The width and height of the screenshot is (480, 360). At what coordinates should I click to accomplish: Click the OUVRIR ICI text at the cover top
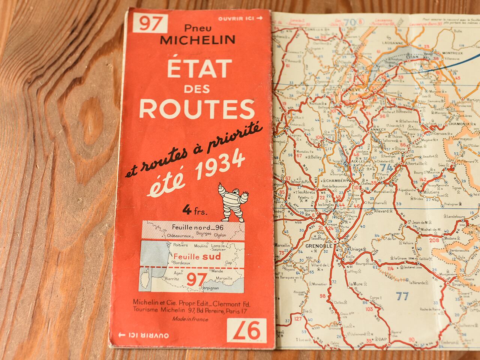pos(243,18)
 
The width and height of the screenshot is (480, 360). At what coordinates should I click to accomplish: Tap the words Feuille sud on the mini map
pos(191,257)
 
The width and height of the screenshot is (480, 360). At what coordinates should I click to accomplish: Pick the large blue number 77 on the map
pos(402,296)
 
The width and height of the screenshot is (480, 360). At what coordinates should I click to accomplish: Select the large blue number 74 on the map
pos(387,168)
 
